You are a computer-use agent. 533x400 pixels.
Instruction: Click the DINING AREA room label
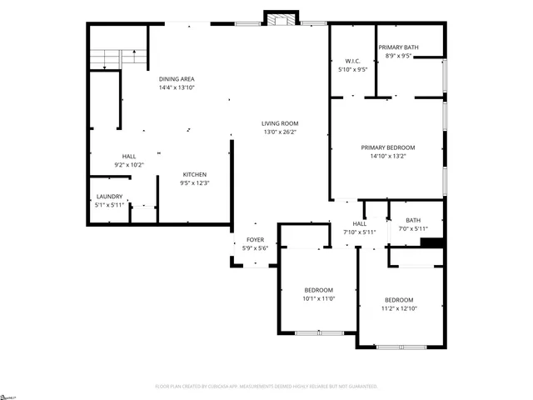[x=177, y=78]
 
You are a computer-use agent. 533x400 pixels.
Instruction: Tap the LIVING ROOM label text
[x=280, y=123]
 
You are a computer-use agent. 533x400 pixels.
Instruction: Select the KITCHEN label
[x=195, y=174]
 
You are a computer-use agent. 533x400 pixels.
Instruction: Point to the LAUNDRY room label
[x=109, y=197]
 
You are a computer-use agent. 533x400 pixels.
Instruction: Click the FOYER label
[x=255, y=239]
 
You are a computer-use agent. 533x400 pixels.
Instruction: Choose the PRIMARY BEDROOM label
[x=387, y=147]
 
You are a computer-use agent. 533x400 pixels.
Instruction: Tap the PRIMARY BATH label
[x=398, y=47]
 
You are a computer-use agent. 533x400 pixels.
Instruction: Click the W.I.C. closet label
[x=351, y=61]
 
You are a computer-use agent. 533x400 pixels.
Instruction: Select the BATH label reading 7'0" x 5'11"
[x=413, y=220]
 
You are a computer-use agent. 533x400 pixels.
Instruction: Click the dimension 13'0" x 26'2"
[x=280, y=132]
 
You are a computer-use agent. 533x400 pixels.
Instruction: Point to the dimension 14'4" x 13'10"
[x=177, y=87]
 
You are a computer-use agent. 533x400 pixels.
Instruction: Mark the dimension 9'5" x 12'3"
[x=195, y=182]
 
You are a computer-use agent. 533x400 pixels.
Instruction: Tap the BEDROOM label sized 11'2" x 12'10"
[x=399, y=300]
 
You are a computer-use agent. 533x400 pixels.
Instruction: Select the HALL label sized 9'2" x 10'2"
[x=129, y=156]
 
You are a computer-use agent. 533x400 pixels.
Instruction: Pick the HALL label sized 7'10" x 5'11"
[x=359, y=223]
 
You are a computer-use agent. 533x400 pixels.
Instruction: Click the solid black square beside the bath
[x=431, y=242]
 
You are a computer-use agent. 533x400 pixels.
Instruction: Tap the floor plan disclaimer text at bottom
[x=266, y=387]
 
